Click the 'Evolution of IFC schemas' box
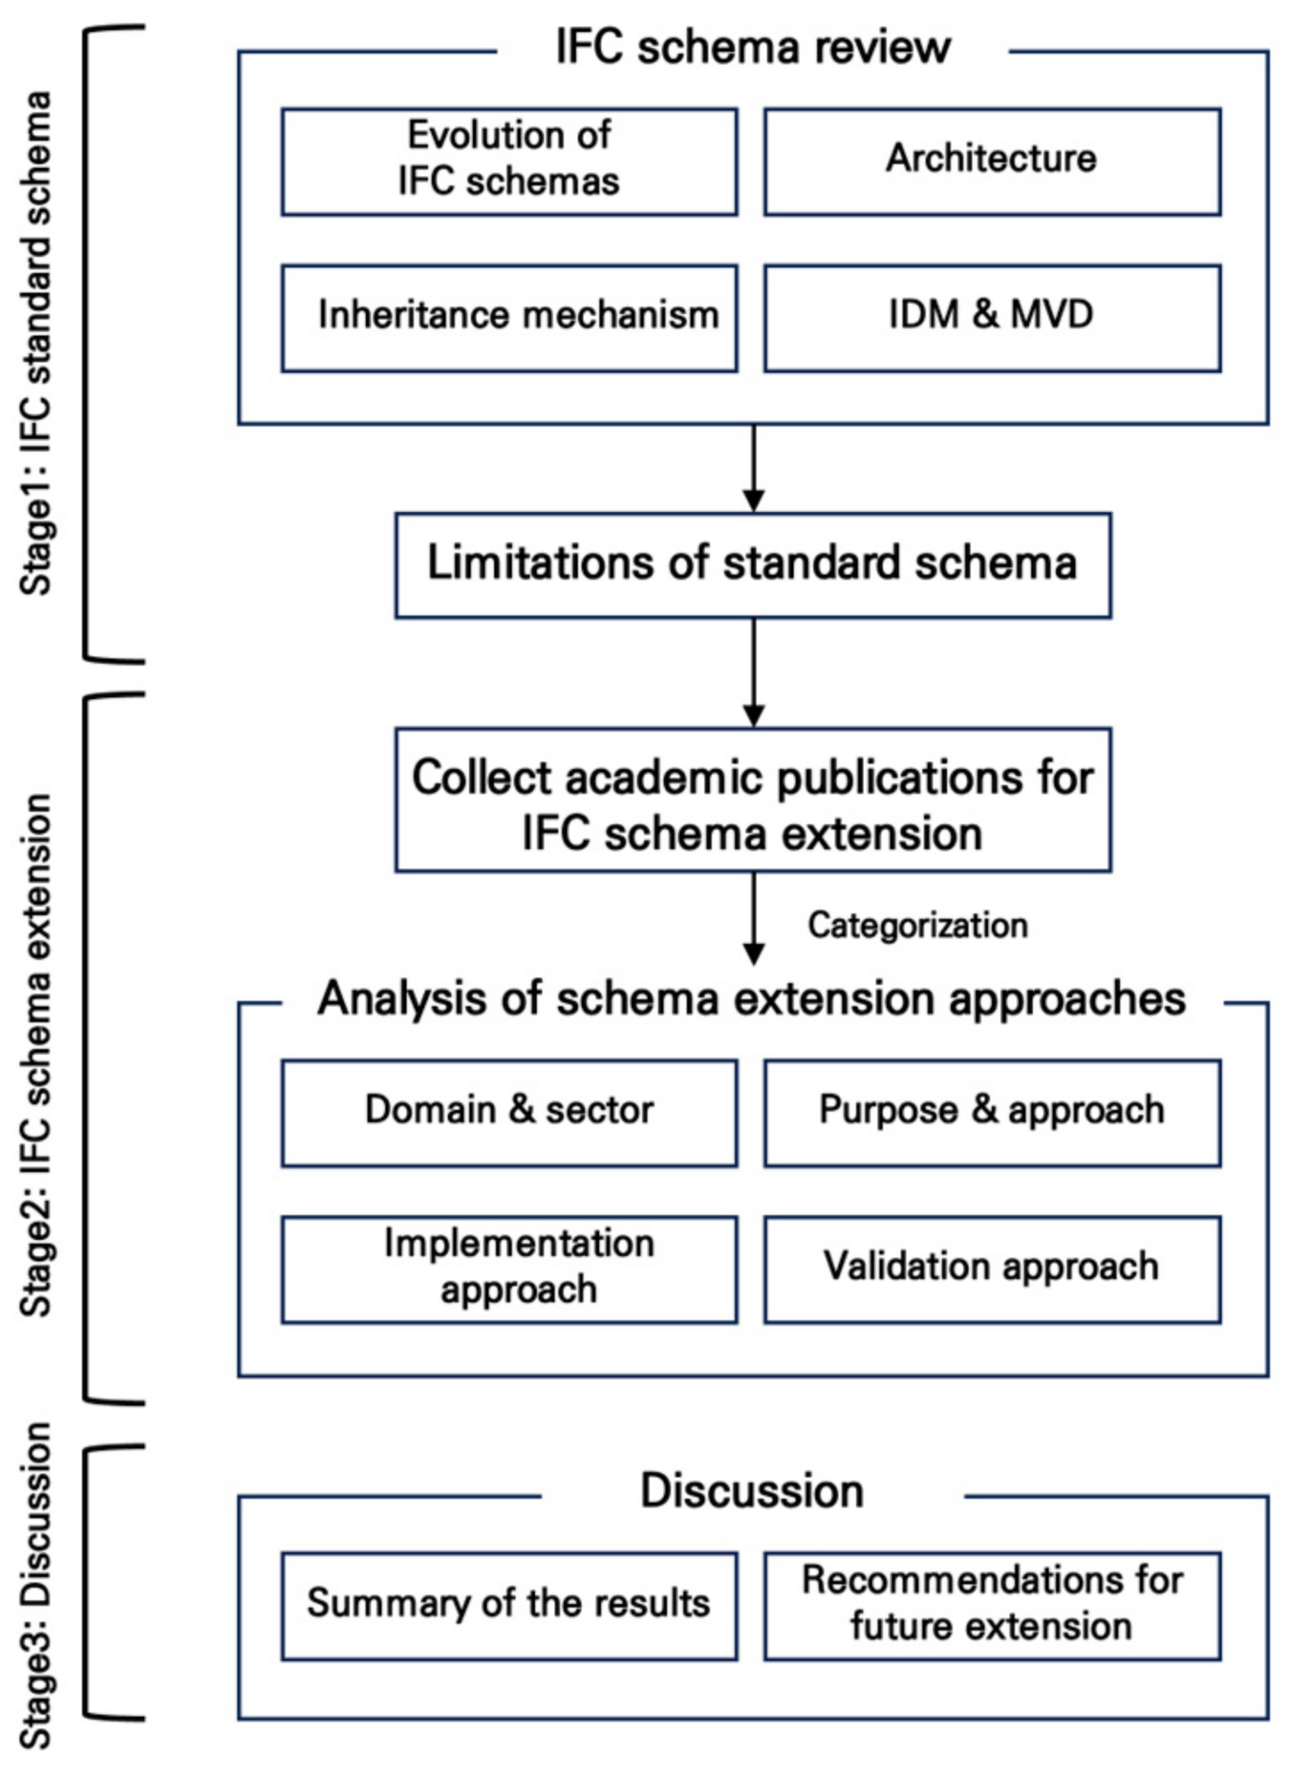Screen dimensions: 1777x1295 509,161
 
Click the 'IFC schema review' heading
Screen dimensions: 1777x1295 753,47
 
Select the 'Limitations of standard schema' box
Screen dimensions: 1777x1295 753,565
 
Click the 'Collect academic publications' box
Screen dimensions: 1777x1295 753,800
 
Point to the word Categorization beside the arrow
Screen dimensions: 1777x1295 918,925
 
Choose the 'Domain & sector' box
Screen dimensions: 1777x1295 509,1112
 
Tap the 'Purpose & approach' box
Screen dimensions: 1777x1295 992,1112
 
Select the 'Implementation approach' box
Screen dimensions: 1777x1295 509,1269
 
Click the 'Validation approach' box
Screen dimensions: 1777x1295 992,1269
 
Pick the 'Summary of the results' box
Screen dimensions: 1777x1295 509,1605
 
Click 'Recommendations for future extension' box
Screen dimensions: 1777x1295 992,1605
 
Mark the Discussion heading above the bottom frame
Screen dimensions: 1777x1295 753,1492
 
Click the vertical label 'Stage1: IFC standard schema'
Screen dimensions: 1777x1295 37,343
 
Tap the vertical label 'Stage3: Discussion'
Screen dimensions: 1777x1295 37,1584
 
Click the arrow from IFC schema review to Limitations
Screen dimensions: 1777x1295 754,467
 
